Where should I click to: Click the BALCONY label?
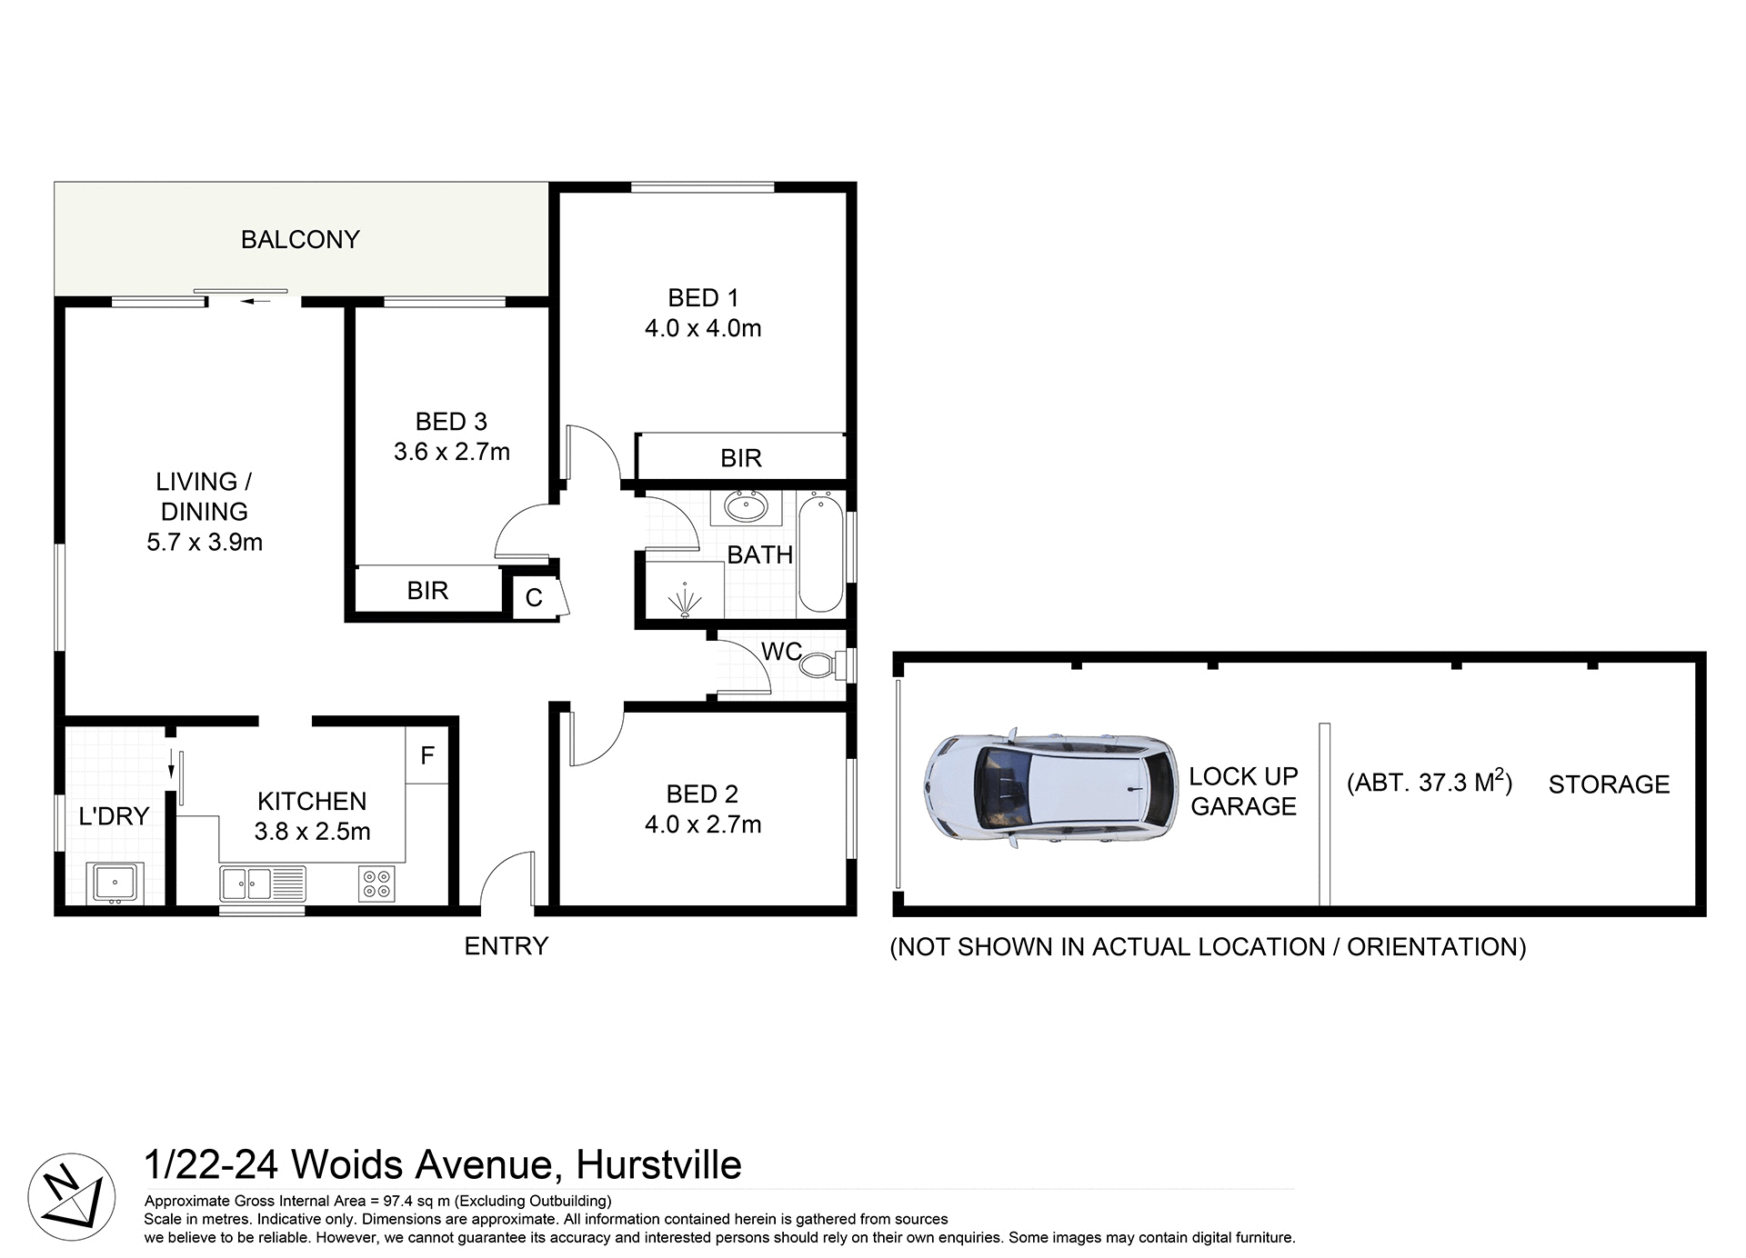point(300,239)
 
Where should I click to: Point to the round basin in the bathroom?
point(746,507)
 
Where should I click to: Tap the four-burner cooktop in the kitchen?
point(377,884)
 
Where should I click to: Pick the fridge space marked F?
point(426,755)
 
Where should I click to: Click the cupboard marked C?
point(534,597)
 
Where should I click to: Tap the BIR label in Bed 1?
point(740,458)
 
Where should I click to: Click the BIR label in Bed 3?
point(427,591)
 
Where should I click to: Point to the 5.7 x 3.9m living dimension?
point(205,543)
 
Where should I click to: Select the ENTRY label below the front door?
point(506,946)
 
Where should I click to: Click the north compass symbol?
point(71,1196)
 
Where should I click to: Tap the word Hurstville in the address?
point(659,1164)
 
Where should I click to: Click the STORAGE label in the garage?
point(1609,784)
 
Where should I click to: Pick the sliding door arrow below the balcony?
point(256,301)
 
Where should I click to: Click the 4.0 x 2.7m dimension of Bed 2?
point(703,824)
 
